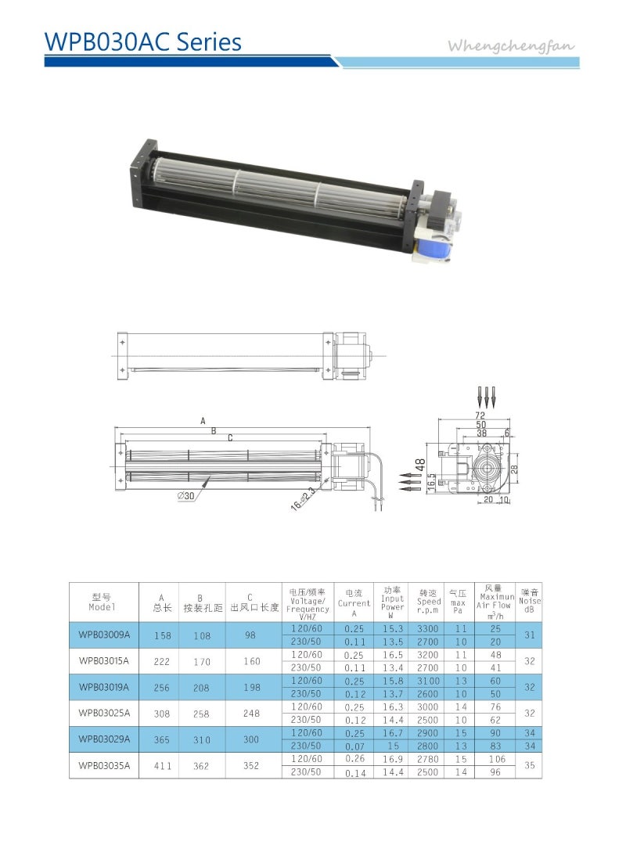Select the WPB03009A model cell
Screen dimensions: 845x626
(x=103, y=635)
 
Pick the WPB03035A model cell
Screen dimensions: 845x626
(x=103, y=766)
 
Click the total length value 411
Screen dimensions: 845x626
(x=162, y=766)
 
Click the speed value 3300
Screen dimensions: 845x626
(x=429, y=628)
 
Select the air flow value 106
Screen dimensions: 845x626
(x=495, y=759)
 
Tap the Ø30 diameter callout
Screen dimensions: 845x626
(x=185, y=495)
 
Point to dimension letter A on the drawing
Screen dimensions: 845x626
(x=203, y=421)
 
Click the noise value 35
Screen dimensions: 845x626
(x=529, y=766)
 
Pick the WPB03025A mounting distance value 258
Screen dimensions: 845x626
(x=201, y=714)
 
